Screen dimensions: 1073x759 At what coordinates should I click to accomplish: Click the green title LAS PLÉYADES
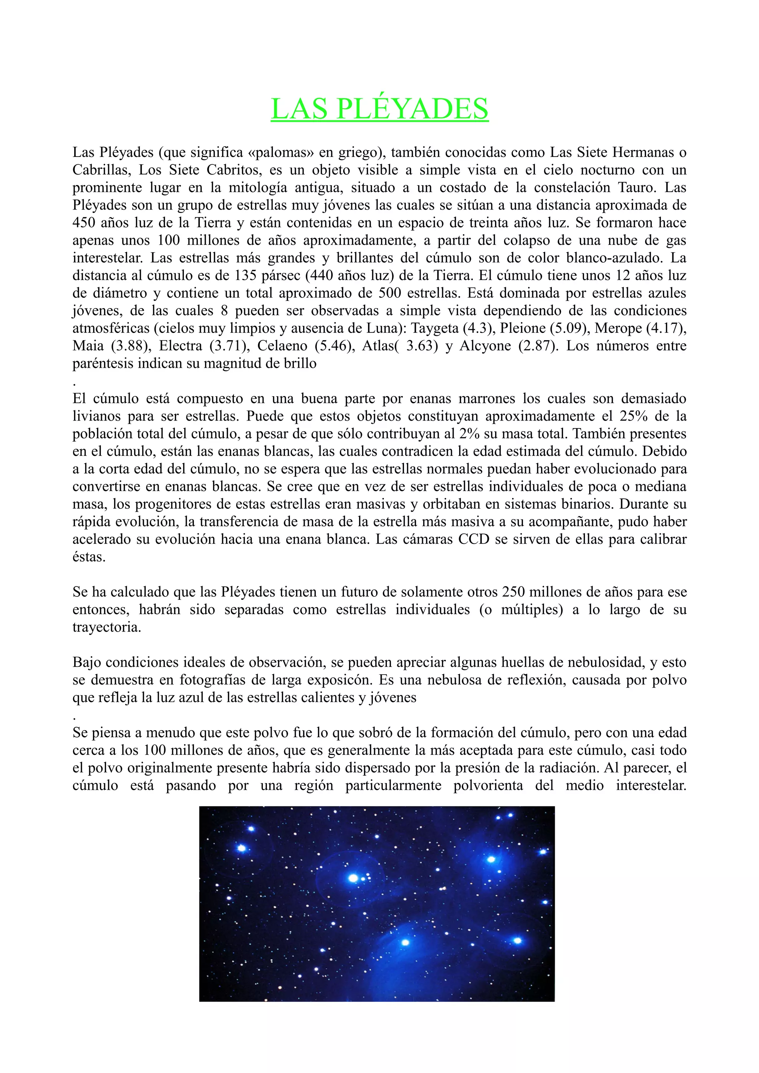[379, 108]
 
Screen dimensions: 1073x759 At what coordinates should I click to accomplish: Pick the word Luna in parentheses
[384, 328]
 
